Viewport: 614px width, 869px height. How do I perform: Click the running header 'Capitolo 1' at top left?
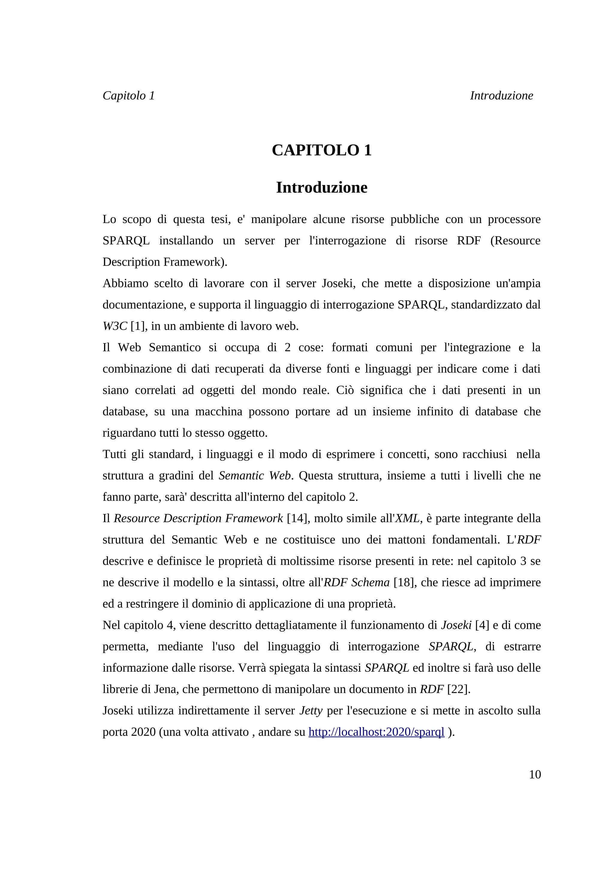(x=129, y=96)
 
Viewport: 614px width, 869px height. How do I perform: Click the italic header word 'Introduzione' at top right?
(x=501, y=96)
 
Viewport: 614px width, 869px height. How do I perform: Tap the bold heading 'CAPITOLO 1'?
(x=322, y=150)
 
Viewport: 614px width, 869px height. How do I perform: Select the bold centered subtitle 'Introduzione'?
(x=322, y=187)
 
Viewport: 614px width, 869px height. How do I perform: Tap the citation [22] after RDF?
(x=458, y=689)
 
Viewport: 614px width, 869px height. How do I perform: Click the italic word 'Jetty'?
(x=311, y=711)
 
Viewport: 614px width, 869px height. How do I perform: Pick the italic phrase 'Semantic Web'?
(x=255, y=475)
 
